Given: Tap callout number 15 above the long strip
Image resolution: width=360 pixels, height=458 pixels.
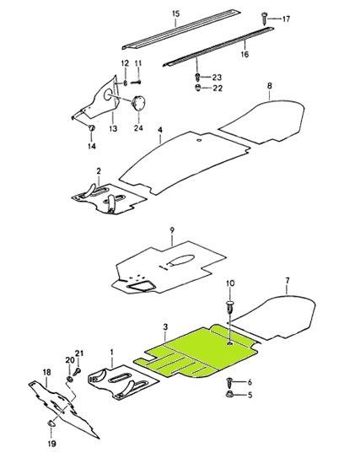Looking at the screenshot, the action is [x=175, y=13].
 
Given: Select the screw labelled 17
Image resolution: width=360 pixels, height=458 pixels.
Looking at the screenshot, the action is [x=265, y=18].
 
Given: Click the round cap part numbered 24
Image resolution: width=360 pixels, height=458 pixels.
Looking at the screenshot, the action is [x=139, y=103].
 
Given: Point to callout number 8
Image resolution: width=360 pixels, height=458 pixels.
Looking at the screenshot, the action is [x=270, y=85].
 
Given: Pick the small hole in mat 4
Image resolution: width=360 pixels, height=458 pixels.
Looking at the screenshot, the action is [x=200, y=141].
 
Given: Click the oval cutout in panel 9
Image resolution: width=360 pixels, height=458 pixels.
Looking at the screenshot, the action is [x=181, y=260].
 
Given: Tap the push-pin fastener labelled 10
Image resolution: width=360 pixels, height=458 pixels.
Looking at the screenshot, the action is [x=230, y=306].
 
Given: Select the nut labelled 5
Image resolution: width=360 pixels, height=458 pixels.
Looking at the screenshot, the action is [x=229, y=395].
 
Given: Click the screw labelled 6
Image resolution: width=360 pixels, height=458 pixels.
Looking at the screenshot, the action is [x=229, y=382].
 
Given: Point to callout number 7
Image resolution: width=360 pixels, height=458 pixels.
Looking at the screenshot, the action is [x=287, y=281].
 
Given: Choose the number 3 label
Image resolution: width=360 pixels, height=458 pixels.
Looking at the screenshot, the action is [x=165, y=327].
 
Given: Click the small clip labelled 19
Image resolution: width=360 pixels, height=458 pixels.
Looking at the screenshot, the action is [x=51, y=423].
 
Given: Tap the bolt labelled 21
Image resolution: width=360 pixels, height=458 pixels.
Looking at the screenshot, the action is [x=78, y=371].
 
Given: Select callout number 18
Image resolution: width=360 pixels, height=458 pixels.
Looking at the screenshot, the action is [x=46, y=373].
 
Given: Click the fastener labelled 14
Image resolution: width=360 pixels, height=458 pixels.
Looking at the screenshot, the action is [x=92, y=128].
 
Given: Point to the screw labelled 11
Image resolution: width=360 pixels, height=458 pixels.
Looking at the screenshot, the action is [x=136, y=83].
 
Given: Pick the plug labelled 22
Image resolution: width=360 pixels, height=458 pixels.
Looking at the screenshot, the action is [x=198, y=88].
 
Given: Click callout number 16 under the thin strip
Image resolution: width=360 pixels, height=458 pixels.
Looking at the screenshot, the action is [x=244, y=54].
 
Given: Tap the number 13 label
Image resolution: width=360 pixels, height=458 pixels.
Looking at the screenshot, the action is [x=113, y=128].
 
